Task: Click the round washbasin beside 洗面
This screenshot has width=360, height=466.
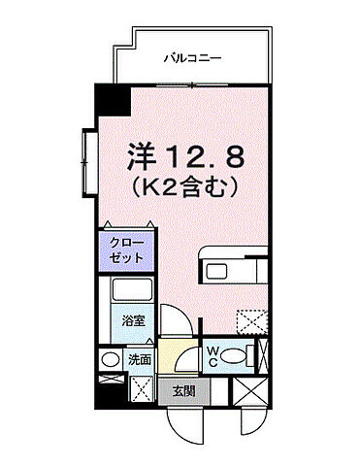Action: pos(110,360)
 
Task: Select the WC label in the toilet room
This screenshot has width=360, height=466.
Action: pos(212,355)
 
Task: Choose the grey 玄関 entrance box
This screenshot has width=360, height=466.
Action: pos(182,392)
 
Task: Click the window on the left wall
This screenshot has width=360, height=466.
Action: pos(89,158)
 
